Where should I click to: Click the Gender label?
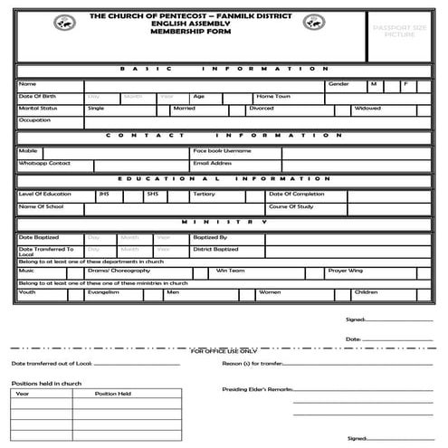[x=338, y=83]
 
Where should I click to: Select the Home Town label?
[x=272, y=96]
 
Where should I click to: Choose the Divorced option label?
[x=262, y=108]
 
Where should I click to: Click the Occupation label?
[x=34, y=119]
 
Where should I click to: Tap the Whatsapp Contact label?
[x=44, y=163]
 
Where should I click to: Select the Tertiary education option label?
[x=204, y=194]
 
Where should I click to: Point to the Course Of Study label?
[x=290, y=206]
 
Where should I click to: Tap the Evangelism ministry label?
[x=105, y=292]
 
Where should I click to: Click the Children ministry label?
[x=366, y=292]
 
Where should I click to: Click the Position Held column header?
[x=113, y=394]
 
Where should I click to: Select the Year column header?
[x=23, y=394]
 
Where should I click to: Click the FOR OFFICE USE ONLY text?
[x=224, y=350]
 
